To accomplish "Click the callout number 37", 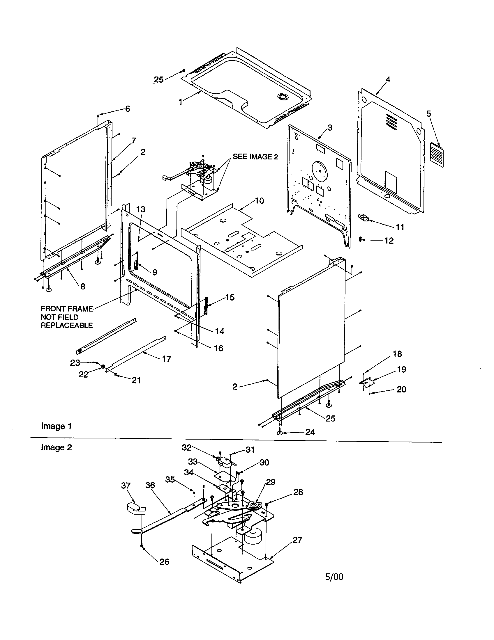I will pyautogui.click(x=126, y=486).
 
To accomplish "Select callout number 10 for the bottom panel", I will pyautogui.click(x=259, y=201).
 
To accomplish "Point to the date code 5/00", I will pyautogui.click(x=334, y=577).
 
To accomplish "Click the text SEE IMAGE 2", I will pyautogui.click(x=255, y=157).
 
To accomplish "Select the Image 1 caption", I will pyautogui.click(x=56, y=426).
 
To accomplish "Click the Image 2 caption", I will pyautogui.click(x=56, y=447).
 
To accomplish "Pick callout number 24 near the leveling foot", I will pyautogui.click(x=310, y=432).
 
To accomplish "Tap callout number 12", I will pyautogui.click(x=389, y=241).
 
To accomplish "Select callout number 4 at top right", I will pyautogui.click(x=388, y=80).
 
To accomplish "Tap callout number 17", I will pyautogui.click(x=166, y=359).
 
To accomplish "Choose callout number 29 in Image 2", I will pyautogui.click(x=271, y=482).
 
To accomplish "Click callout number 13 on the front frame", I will pyautogui.click(x=141, y=209).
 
